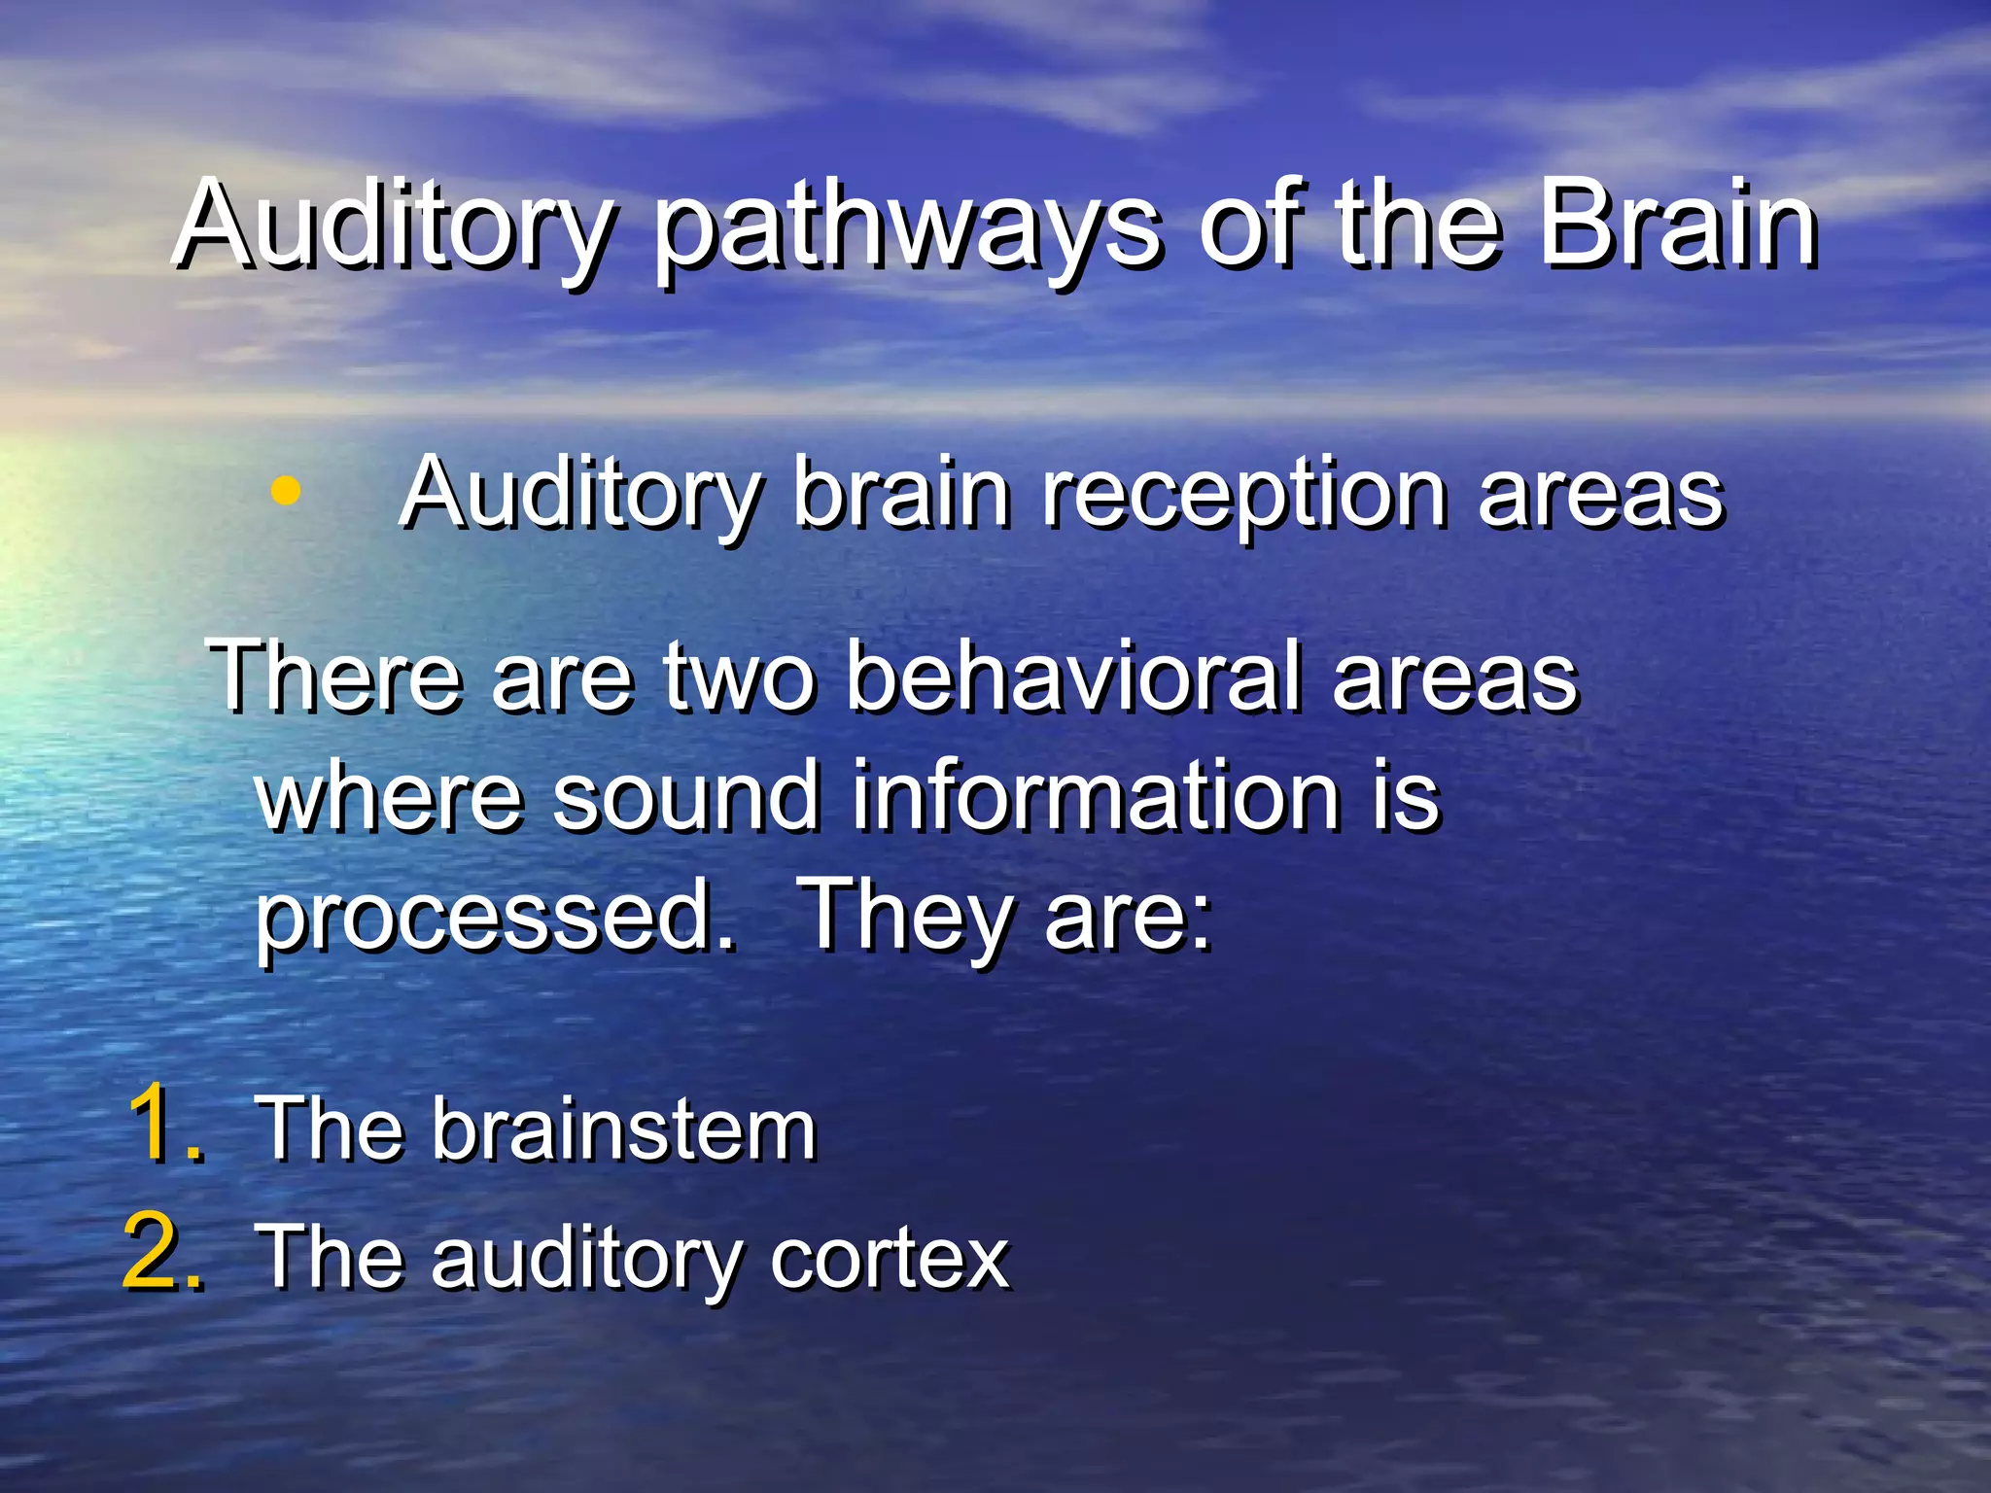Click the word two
click(739, 678)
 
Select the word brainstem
click(623, 1129)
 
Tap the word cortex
click(890, 1258)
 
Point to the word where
click(389, 797)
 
